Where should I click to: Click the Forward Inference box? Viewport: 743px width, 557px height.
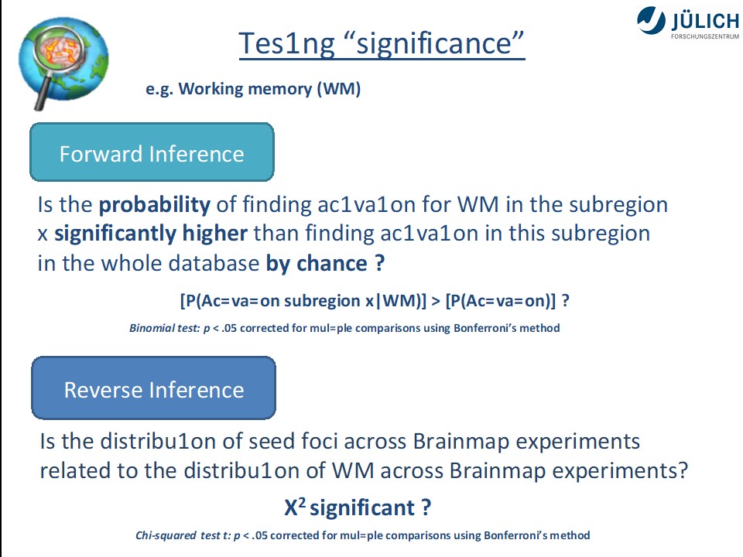[152, 152]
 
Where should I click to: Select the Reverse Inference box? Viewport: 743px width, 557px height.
[153, 388]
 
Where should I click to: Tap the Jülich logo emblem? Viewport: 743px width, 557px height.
[651, 21]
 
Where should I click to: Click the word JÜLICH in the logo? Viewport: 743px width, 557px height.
[704, 22]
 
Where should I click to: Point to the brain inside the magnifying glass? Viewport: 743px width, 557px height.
[59, 50]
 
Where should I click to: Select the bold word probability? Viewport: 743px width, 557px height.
[155, 205]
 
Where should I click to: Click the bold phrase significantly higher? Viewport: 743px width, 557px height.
[151, 234]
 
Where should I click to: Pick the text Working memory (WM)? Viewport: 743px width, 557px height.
[269, 88]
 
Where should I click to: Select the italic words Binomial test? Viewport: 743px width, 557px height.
[164, 328]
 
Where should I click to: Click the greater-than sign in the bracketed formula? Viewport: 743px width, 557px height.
[436, 301]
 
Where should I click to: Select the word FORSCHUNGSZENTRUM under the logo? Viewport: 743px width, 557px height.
[704, 36]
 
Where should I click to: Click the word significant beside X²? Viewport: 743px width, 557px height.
[362, 508]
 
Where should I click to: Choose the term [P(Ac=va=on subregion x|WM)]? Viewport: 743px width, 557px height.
[303, 301]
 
